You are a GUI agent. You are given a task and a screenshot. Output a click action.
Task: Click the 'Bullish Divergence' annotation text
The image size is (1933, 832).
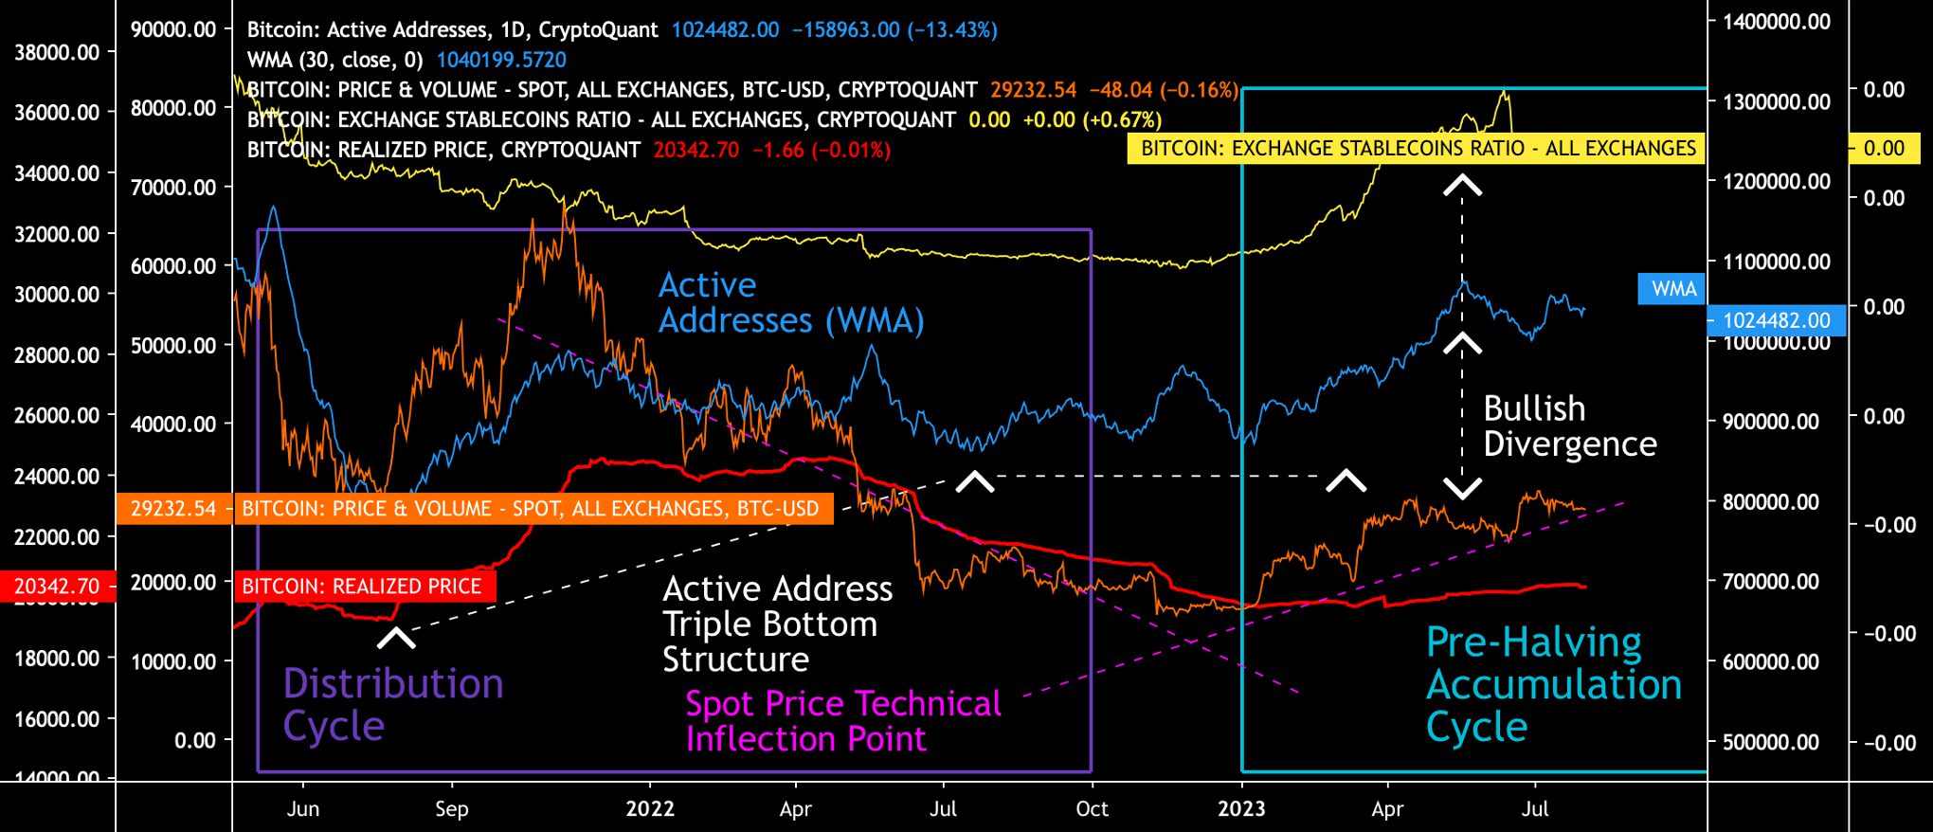click(x=1569, y=426)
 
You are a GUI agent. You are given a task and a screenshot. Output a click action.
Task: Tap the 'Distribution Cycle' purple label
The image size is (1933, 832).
click(x=392, y=704)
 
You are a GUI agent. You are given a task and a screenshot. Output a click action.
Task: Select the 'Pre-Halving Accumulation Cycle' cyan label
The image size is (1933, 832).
click(x=1553, y=684)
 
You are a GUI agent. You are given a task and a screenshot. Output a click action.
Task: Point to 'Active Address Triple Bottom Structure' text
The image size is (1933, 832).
click(x=777, y=624)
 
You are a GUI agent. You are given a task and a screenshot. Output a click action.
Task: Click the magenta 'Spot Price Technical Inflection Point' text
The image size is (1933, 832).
click(x=842, y=721)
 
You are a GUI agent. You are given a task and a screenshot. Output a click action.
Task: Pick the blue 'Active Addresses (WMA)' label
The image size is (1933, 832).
click(x=791, y=302)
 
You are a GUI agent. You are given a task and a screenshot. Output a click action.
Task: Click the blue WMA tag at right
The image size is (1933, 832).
click(x=1672, y=289)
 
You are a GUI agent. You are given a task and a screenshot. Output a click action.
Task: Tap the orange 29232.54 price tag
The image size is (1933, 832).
click(x=173, y=509)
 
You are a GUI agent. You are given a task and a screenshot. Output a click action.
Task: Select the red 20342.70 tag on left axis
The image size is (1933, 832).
click(x=57, y=587)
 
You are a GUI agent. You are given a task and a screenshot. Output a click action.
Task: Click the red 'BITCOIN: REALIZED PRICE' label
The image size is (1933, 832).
click(x=362, y=587)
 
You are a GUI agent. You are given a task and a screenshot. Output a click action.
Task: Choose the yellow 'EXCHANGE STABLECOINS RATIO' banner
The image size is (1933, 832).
click(x=1418, y=149)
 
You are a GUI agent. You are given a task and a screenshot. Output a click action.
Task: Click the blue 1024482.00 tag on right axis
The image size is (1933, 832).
click(x=1776, y=320)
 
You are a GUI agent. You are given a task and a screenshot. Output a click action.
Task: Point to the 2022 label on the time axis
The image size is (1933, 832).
click(x=650, y=809)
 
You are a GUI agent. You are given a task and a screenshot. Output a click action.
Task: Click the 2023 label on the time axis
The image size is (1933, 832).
click(x=1241, y=809)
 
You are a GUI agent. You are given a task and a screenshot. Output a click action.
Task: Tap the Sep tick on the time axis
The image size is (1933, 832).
click(x=452, y=809)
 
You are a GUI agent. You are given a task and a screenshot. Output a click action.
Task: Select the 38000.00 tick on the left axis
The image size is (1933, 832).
click(x=57, y=52)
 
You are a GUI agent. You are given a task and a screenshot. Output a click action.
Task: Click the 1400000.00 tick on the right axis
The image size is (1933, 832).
click(x=1777, y=22)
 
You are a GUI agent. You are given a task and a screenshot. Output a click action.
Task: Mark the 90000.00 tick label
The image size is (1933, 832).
click(x=173, y=29)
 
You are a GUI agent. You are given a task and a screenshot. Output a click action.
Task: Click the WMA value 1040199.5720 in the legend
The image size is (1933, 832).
click(x=501, y=61)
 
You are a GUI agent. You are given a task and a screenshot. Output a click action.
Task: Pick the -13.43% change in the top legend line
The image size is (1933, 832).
click(x=952, y=30)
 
